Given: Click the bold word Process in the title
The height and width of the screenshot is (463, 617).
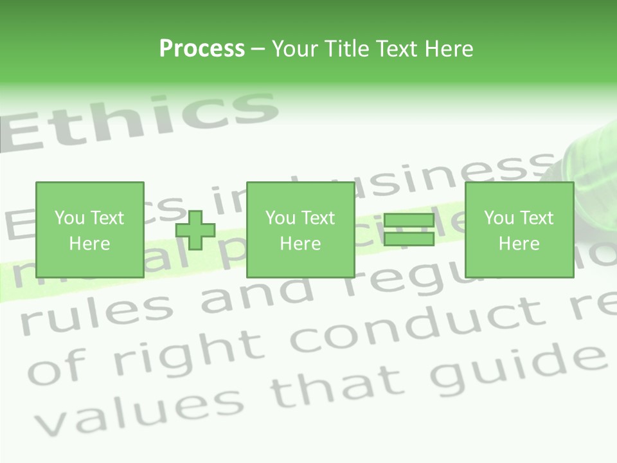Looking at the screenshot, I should pos(202,49).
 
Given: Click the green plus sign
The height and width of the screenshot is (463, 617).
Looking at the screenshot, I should pos(195,230).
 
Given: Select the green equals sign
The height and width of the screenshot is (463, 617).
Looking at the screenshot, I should pos(409,230).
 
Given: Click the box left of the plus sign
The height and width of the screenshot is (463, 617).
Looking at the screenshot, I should pos(90,230).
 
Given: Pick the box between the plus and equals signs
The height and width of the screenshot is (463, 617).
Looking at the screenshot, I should pos(300,230).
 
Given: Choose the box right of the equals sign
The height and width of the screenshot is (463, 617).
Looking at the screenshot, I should pos(519,230).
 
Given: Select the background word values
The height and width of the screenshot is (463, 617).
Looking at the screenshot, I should pos(135,408).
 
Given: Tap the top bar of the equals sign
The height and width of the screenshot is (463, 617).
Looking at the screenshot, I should pos(409,221).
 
